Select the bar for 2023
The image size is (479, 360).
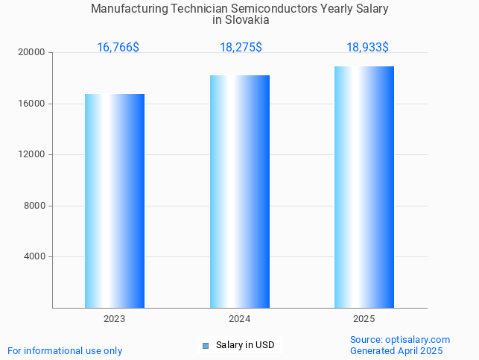[115, 200]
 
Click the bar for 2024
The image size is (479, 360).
[240, 192]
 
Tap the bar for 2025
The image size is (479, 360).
[364, 187]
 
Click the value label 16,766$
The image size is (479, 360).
[118, 48]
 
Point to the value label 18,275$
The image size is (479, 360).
[241, 48]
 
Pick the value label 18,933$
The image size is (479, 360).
[367, 48]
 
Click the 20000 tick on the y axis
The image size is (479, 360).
[32, 53]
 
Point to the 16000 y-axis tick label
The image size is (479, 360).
[32, 104]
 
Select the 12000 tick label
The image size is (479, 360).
[32, 155]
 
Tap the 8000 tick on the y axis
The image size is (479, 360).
[35, 206]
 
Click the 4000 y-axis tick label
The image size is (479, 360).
[35, 257]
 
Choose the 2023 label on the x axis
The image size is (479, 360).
[115, 319]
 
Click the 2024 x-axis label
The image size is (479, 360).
[240, 319]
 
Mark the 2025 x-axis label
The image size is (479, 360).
[364, 319]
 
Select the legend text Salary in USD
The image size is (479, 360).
[245, 345]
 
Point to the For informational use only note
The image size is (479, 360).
[65, 351]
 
